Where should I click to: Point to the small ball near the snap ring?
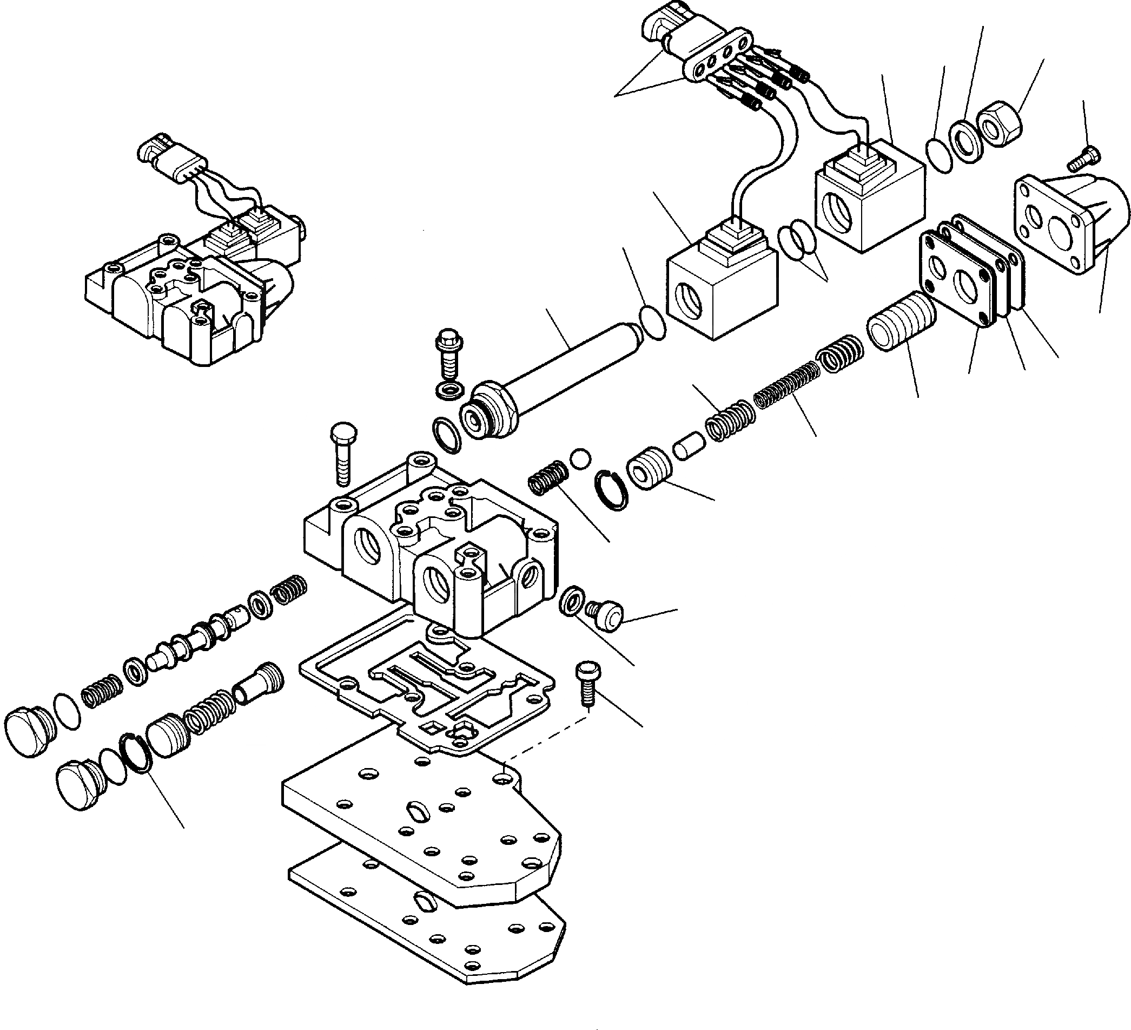pyautogui.click(x=580, y=457)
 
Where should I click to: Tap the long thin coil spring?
pyautogui.click(x=786, y=384)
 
